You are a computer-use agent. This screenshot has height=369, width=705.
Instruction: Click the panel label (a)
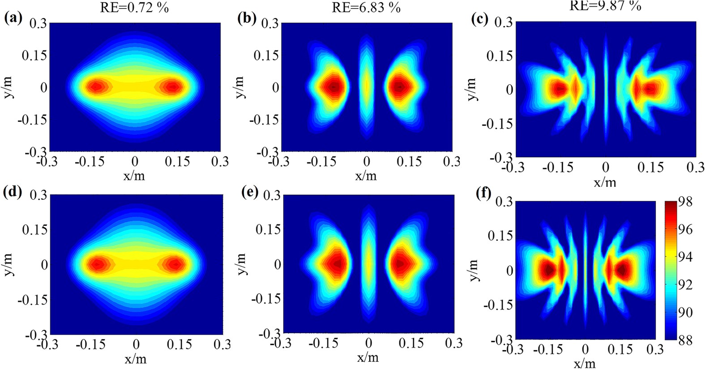[x=13, y=18]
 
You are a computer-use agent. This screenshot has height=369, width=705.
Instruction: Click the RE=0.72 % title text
[x=134, y=7]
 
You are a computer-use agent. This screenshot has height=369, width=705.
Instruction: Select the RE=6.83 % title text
[x=366, y=7]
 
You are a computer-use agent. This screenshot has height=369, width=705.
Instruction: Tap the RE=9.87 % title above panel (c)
[x=605, y=5]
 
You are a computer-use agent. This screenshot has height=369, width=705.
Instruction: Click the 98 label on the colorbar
[x=685, y=202]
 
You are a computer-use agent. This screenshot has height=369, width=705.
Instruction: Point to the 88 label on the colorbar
[x=685, y=340]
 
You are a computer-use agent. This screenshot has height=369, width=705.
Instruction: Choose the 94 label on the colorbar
[x=685, y=257]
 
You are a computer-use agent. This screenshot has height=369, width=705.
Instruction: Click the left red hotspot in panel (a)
[x=96, y=86]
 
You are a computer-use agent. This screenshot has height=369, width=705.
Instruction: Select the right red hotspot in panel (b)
[x=400, y=87]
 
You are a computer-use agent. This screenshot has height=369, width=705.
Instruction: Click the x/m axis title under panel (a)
[x=134, y=175]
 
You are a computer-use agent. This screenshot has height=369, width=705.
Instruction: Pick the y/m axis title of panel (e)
[x=242, y=264]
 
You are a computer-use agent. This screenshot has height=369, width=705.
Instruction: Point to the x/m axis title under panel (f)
[x=585, y=362]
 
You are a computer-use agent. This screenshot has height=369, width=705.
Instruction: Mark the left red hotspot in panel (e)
[x=335, y=264]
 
